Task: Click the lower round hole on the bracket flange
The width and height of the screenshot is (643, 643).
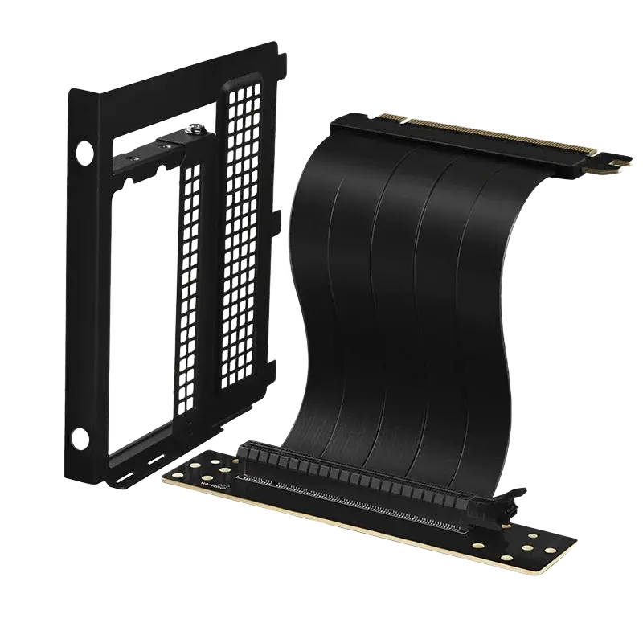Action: [x=80, y=436]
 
